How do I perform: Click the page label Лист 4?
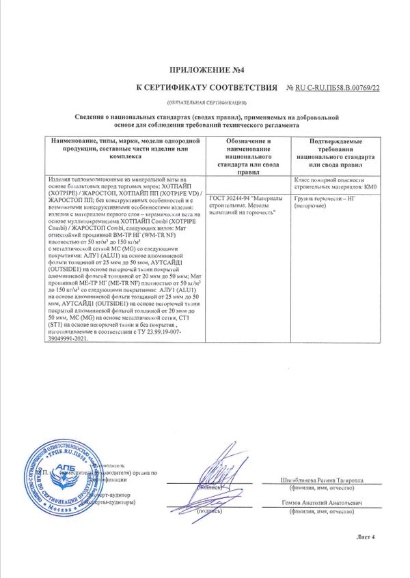tap(366, 537)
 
